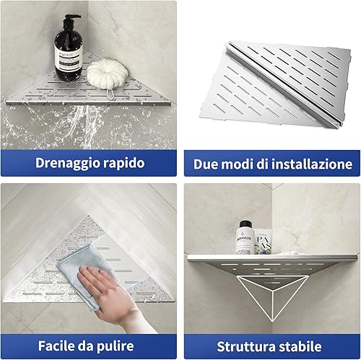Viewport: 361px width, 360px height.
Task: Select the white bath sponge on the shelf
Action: (107, 73)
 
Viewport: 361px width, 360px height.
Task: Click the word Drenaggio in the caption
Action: (68, 164)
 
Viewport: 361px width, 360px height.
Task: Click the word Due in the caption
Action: (206, 164)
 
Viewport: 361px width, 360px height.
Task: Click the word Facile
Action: (56, 346)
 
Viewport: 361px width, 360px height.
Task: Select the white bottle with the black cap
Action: (245, 237)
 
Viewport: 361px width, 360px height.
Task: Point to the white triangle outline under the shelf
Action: (273, 297)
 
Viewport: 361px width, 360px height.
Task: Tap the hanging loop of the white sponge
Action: (110, 93)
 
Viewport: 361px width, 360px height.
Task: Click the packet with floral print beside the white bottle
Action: (263, 242)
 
